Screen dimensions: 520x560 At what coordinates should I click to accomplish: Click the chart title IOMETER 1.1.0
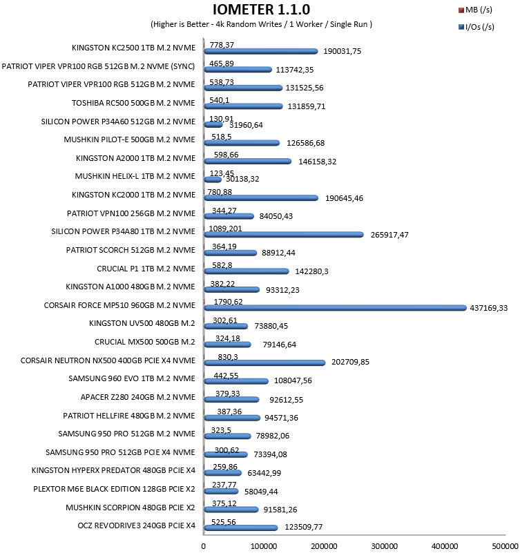click(262, 9)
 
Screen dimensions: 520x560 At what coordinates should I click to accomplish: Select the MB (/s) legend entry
click(475, 10)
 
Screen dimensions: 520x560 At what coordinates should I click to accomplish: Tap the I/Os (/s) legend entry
click(476, 27)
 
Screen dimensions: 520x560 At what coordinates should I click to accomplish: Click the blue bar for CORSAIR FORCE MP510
click(336, 308)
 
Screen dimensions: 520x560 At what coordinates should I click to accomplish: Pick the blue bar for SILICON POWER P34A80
click(284, 234)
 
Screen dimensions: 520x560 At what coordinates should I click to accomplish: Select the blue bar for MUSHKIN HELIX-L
click(213, 180)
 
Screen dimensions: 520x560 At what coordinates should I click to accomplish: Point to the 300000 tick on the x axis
click(384, 546)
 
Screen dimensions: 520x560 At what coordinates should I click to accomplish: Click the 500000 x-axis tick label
click(505, 546)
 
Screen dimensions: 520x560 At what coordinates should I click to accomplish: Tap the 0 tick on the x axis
click(204, 546)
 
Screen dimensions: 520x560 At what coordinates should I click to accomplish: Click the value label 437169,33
click(488, 308)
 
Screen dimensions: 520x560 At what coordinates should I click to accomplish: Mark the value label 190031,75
click(342, 51)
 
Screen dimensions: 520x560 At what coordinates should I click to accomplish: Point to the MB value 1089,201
click(225, 229)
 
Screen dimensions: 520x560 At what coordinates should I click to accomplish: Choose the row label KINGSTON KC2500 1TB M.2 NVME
click(133, 48)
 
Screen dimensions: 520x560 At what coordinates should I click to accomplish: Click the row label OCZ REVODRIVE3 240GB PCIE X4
click(137, 525)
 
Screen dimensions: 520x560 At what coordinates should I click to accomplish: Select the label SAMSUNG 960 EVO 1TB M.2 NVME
click(132, 378)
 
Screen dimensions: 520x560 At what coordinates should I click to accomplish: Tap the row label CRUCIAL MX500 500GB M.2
click(145, 342)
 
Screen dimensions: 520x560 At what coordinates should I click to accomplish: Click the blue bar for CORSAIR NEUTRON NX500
click(264, 363)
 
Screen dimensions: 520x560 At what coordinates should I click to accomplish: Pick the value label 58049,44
click(261, 492)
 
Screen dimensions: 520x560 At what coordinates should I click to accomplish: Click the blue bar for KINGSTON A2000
click(248, 161)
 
